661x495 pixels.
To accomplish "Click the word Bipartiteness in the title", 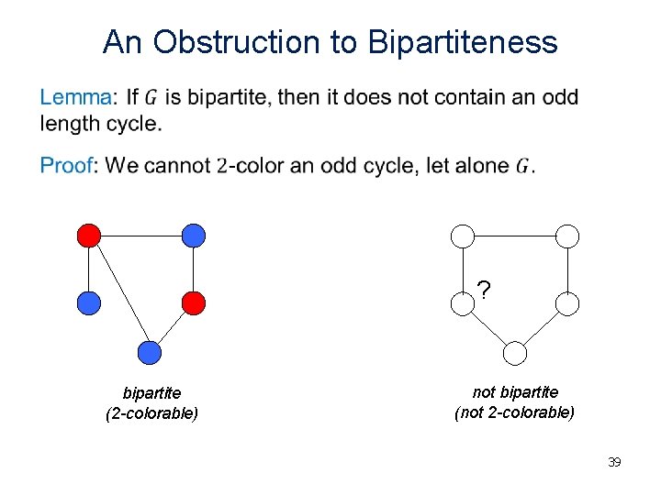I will [462, 42].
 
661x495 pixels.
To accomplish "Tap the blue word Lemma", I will [77, 97].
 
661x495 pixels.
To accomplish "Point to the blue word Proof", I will [66, 166].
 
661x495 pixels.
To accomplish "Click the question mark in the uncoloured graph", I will [484, 291].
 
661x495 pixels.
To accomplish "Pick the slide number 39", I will [614, 462].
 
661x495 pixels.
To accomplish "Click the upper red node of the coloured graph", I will [88, 236].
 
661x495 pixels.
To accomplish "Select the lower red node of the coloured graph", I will [193, 302].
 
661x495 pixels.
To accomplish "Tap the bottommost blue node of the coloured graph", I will [149, 353].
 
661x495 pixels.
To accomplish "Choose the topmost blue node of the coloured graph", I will [193, 236].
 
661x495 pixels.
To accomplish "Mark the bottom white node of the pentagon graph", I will [516, 353].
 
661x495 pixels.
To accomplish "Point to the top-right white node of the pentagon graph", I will [568, 236].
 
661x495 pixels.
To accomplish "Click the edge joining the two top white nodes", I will [516, 236].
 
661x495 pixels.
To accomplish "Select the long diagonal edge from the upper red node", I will [118, 294].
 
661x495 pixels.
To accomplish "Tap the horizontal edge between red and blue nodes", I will [140, 236].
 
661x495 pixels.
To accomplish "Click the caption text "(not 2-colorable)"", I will [515, 412].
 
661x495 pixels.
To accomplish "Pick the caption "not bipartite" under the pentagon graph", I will [515, 392].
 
